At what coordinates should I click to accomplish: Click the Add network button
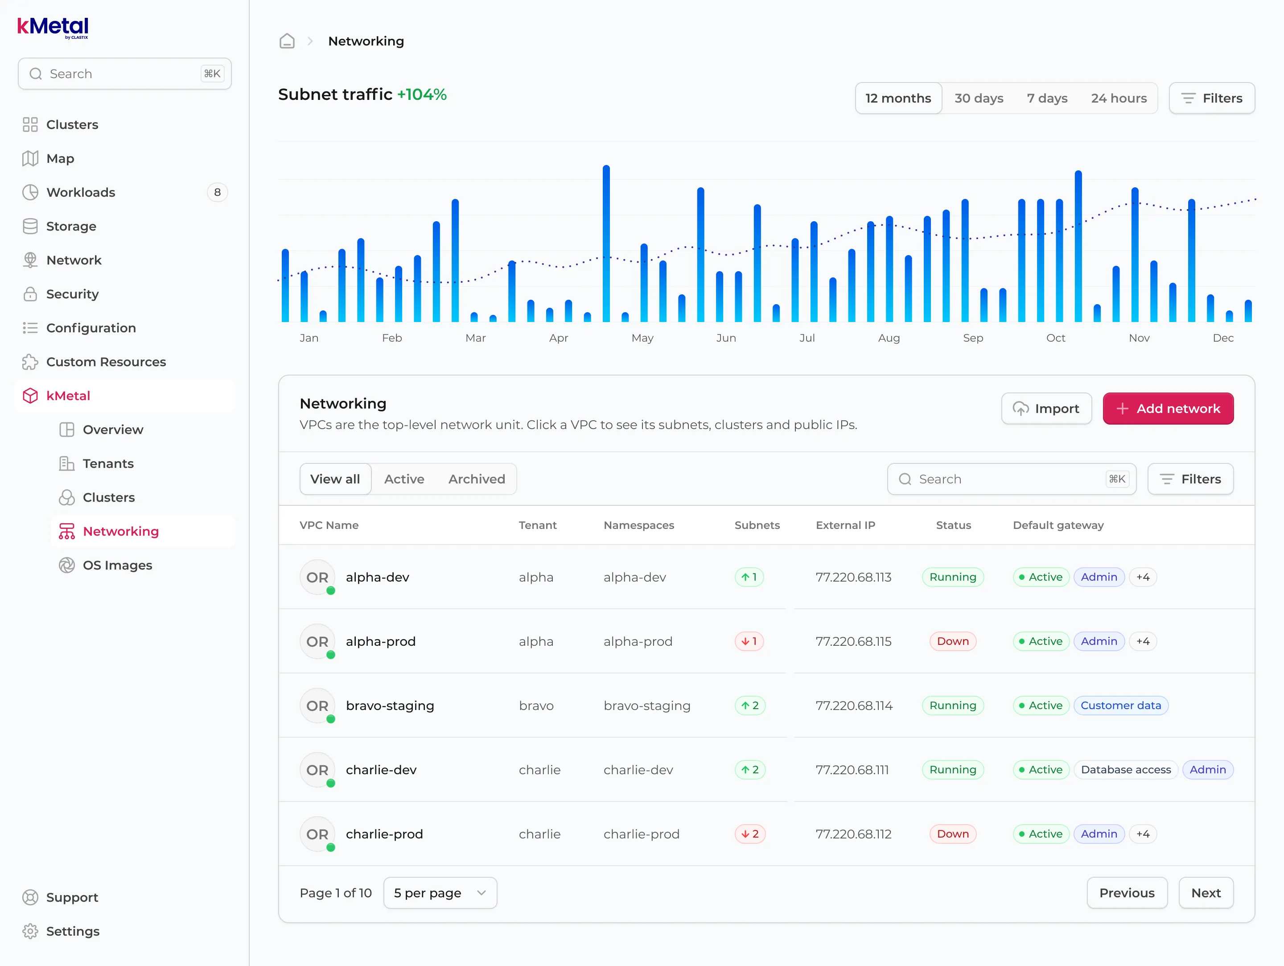tap(1168, 409)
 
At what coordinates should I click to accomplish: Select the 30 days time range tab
tap(979, 98)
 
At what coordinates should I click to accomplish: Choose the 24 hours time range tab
tap(1119, 98)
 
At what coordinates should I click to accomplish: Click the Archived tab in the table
tap(477, 479)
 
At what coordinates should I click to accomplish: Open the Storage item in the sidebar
tap(71, 227)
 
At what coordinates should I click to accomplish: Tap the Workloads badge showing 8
tap(217, 192)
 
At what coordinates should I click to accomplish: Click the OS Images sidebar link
tap(117, 566)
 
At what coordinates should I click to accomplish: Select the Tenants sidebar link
tap(108, 464)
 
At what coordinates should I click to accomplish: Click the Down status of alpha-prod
tap(953, 641)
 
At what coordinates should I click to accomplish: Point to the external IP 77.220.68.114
tap(854, 706)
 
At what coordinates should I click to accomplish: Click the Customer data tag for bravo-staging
tap(1121, 706)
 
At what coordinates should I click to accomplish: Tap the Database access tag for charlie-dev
tap(1126, 770)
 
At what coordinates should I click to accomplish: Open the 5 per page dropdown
tap(440, 893)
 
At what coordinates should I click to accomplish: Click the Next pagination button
tap(1206, 893)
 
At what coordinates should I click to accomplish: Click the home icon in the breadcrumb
tap(287, 41)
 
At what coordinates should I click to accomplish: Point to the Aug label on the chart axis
tap(889, 338)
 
